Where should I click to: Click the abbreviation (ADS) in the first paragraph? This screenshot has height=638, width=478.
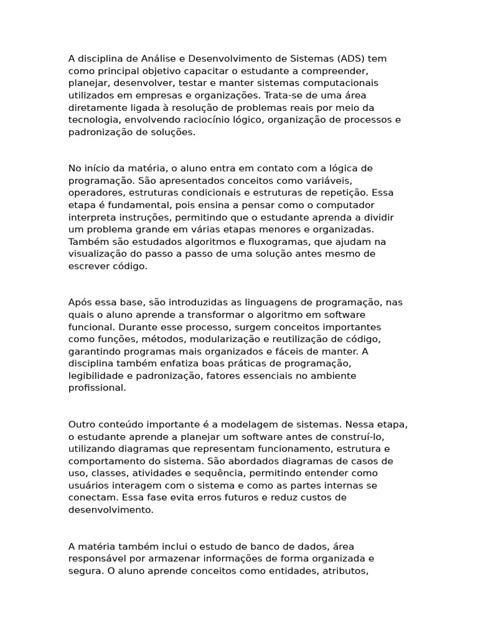point(354,59)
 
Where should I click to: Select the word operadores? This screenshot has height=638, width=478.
point(93,193)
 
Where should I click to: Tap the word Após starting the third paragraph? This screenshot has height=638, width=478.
point(80,303)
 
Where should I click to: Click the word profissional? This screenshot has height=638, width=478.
point(97,388)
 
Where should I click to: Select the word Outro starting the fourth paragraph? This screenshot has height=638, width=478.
point(82,424)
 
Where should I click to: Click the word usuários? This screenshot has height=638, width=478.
point(89,485)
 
